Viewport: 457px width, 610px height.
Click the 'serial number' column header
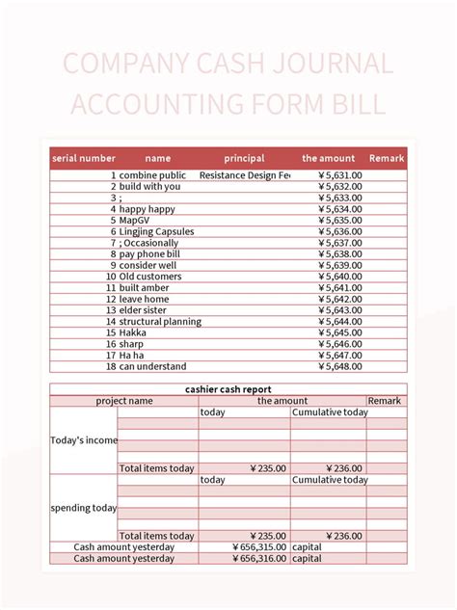coord(84,158)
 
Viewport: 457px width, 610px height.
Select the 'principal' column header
coord(244,158)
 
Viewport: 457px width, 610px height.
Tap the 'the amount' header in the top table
coord(328,158)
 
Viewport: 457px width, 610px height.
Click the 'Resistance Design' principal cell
coord(244,175)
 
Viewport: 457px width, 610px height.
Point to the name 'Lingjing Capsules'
coord(156,231)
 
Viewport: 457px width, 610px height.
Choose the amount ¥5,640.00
coord(339,277)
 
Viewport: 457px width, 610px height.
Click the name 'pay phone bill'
coord(151,254)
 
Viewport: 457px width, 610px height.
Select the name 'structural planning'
coord(160,322)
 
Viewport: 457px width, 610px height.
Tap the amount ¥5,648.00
coord(339,366)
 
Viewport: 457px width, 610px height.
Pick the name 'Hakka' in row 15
coord(133,332)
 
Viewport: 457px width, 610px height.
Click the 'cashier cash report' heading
coord(228,389)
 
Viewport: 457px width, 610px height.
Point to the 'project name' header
coord(123,401)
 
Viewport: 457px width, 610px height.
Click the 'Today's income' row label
coord(84,440)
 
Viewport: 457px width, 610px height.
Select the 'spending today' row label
coord(84,508)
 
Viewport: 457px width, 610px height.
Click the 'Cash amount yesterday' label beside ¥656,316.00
coord(124,558)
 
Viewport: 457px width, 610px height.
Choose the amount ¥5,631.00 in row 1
coord(339,175)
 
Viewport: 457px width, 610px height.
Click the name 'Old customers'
coord(150,277)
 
